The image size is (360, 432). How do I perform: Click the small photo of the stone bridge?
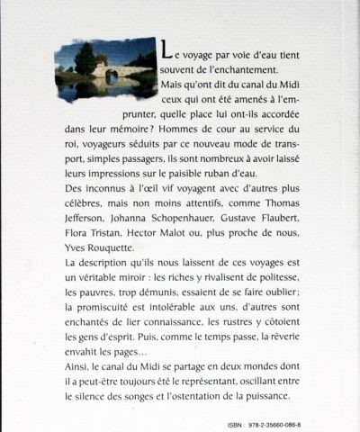click(103, 70)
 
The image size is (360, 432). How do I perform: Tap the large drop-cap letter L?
click(162, 52)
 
